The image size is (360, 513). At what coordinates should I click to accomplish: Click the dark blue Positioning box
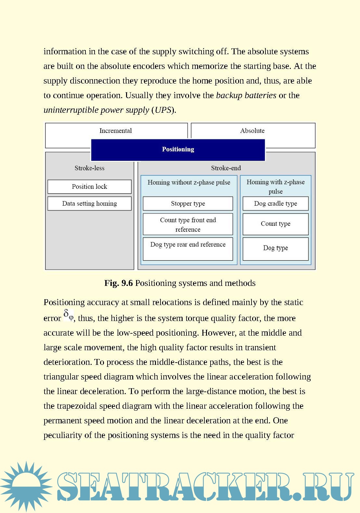[178, 150]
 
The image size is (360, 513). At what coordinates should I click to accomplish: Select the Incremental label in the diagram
[116, 131]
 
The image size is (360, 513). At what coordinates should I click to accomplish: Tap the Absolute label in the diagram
[252, 131]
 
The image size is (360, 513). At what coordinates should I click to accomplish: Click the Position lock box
[89, 187]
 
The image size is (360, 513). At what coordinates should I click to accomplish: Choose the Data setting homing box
[89, 204]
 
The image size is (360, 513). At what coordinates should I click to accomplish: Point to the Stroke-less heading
[89, 168]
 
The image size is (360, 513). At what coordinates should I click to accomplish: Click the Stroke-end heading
[226, 168]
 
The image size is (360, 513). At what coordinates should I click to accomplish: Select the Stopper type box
[188, 204]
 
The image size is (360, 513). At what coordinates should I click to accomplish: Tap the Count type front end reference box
[188, 224]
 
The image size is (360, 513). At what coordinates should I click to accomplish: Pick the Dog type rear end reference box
[188, 249]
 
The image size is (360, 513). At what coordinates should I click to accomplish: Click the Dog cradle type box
[276, 204]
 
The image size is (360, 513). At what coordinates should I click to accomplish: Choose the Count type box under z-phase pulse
[276, 224]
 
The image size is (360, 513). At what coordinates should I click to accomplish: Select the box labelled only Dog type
[276, 249]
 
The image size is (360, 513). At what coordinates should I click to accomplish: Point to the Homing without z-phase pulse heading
[189, 182]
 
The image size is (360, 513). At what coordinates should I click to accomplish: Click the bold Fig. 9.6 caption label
[118, 283]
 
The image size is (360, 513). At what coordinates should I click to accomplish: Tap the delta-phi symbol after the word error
[68, 315]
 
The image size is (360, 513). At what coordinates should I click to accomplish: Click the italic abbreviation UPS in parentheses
[163, 110]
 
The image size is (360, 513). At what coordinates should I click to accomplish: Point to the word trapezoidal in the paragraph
[77, 406]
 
